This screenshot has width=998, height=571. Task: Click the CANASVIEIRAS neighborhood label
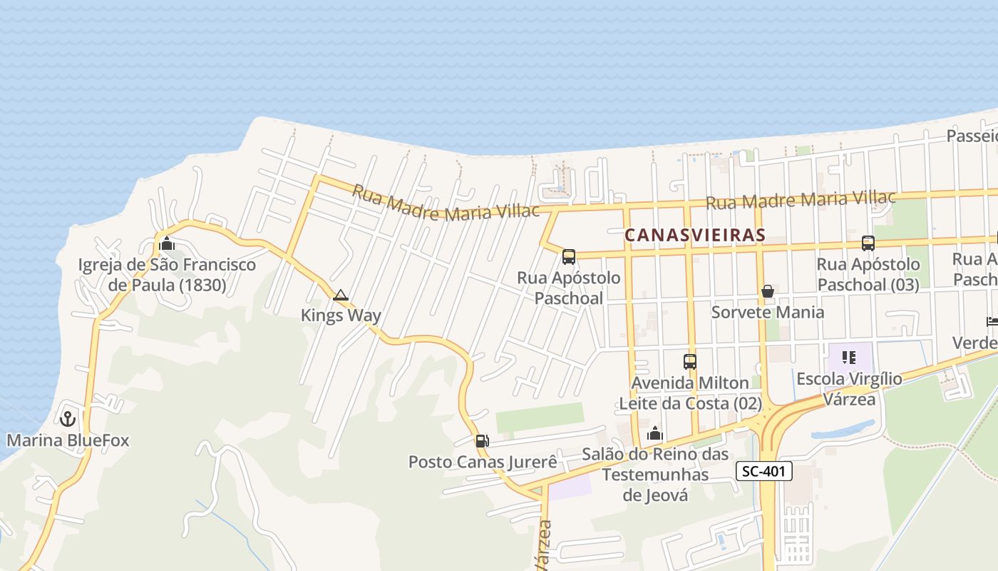tap(695, 235)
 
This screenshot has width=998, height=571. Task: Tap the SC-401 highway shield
tap(763, 471)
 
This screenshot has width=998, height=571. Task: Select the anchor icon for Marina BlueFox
tap(68, 418)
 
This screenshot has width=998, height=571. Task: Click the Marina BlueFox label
tap(68, 440)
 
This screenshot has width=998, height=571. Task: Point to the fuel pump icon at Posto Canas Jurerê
tap(483, 441)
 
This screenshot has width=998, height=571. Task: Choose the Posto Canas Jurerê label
tap(483, 462)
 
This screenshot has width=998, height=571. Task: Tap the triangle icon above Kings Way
tap(341, 295)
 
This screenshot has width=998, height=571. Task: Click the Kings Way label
tap(341, 315)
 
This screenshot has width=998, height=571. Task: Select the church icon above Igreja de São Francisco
tap(167, 243)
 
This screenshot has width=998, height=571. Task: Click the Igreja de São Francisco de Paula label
tap(167, 276)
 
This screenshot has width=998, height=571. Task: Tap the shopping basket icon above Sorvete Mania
tap(768, 291)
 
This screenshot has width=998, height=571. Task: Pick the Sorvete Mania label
tap(768, 312)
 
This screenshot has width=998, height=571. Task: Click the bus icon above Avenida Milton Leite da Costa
tap(689, 362)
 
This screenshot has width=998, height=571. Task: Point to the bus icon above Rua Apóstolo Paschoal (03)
tap(868, 243)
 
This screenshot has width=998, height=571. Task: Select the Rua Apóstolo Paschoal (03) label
tap(868, 275)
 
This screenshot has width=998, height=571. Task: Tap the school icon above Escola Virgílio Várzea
tap(848, 357)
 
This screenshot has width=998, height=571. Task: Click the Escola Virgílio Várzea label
tap(849, 389)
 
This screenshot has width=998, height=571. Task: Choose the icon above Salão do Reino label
tap(655, 433)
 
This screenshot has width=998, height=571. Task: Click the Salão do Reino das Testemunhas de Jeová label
tap(655, 475)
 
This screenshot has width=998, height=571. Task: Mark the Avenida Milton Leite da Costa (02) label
tap(689, 393)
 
